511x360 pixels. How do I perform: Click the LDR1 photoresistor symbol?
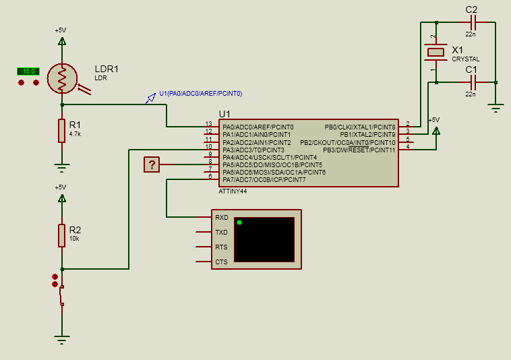62,78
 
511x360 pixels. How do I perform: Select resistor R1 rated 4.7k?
62,131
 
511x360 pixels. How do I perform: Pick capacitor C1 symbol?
472,82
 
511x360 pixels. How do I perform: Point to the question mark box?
152,164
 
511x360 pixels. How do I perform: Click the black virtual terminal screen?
264,239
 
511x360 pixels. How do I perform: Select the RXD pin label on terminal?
221,218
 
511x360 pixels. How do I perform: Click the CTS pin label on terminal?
221,262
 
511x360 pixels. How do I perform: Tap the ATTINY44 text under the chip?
233,191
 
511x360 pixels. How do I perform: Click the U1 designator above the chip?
224,113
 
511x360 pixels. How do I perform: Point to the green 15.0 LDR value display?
28,71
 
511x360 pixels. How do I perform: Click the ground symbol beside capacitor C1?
496,107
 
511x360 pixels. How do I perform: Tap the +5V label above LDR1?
61,30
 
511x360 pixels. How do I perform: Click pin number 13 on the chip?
209,125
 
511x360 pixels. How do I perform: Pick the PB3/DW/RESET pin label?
359,150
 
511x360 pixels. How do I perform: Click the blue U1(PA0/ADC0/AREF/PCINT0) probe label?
200,93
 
